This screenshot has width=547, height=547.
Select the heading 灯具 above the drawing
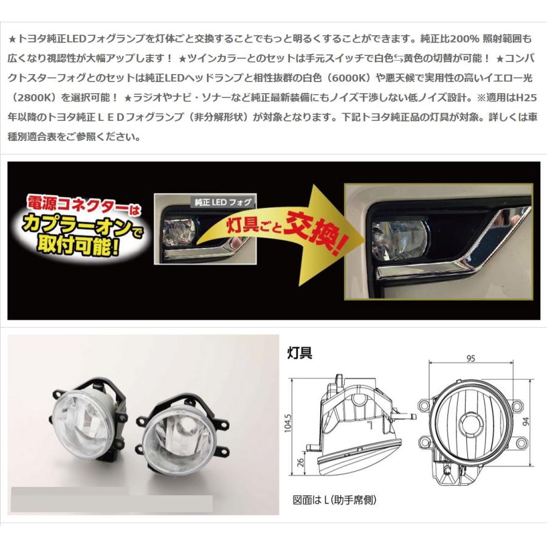click(300, 353)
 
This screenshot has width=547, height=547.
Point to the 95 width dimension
click(470, 359)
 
